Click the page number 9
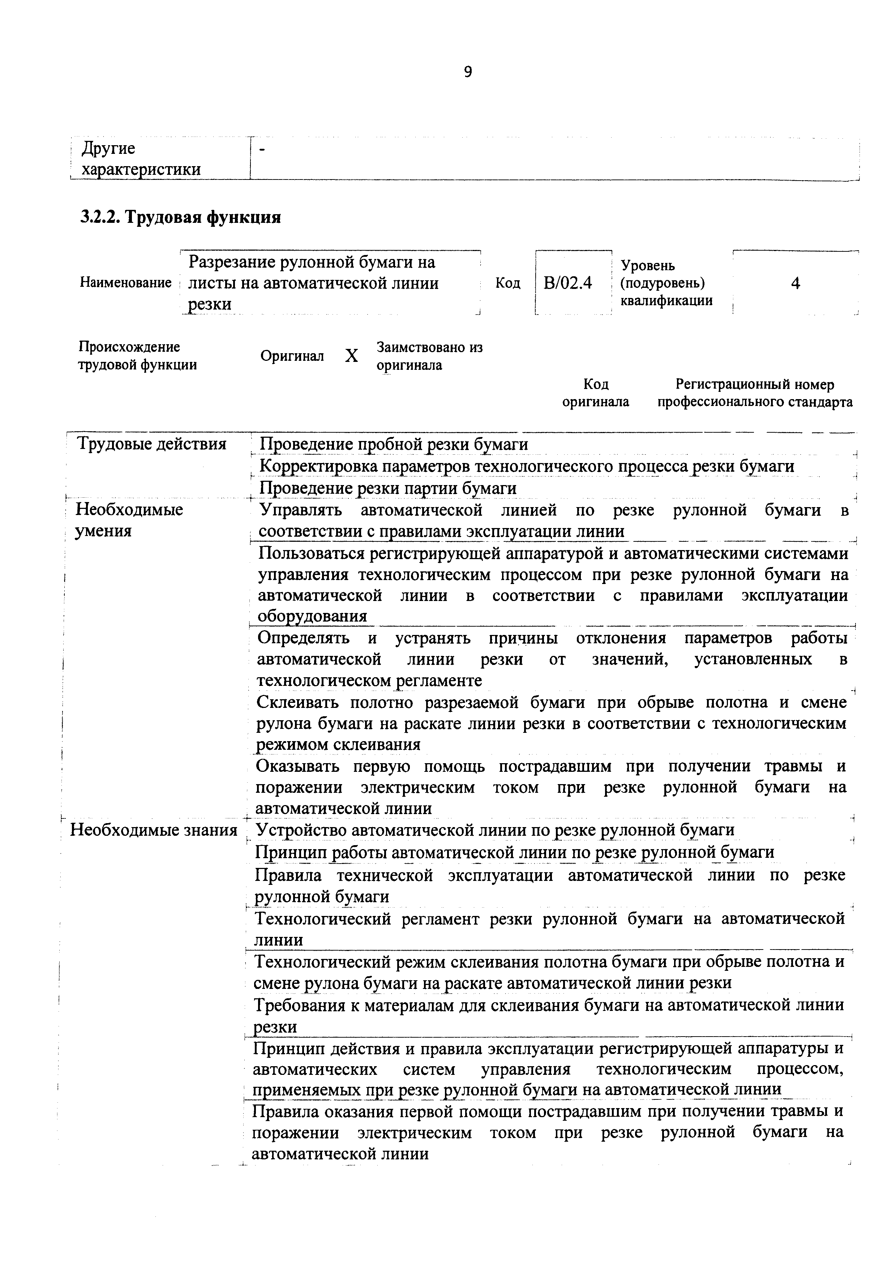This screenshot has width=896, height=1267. pos(468,72)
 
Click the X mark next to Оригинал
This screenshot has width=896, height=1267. pos(351,356)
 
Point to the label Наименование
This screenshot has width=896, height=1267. pos(126,283)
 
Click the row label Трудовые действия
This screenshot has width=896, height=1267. pos(152,444)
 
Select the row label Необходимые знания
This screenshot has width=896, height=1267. pos(154,830)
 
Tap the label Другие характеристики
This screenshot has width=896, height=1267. pos(141,159)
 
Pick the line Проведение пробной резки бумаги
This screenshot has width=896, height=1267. pos(394,444)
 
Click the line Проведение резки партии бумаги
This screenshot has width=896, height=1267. pos(388,488)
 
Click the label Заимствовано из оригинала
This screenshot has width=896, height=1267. pos(429,356)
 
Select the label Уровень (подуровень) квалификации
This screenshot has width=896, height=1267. pos(666,283)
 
